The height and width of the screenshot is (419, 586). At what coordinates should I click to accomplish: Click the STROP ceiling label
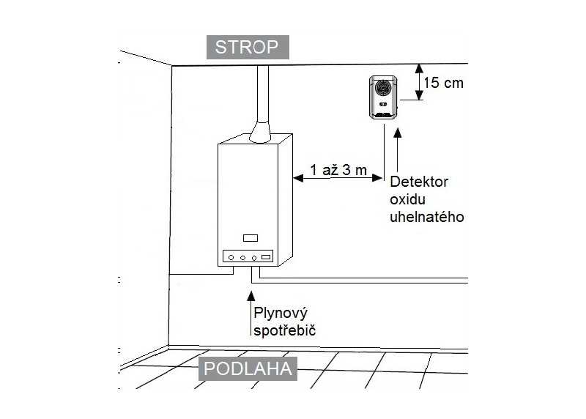248,47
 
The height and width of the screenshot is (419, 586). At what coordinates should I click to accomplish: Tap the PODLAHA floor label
248,369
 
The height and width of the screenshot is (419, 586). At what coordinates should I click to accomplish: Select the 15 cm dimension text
444,83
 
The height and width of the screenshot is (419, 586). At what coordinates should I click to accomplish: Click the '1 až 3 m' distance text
338,170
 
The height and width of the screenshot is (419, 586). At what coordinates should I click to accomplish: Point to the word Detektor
419,182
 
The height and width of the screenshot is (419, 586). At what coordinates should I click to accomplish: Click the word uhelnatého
427,217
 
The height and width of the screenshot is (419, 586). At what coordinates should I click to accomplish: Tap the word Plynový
281,314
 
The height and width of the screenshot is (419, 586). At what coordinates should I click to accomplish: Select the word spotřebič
284,330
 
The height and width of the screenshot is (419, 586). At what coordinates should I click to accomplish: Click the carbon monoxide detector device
383,97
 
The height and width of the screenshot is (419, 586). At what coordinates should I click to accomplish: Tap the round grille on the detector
383,88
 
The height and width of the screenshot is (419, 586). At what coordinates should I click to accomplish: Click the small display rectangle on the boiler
251,238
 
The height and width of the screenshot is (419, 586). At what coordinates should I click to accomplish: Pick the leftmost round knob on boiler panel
231,258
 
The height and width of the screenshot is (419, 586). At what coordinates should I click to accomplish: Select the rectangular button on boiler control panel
266,257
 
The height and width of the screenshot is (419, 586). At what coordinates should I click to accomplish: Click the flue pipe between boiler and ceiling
263,94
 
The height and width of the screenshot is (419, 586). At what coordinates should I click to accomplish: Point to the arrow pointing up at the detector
398,150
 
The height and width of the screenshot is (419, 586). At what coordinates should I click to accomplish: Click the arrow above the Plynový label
251,314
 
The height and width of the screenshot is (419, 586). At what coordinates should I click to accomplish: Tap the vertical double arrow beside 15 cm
419,82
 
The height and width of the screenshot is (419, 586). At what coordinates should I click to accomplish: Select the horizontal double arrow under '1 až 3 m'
338,178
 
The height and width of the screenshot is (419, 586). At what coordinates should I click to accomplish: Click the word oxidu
407,199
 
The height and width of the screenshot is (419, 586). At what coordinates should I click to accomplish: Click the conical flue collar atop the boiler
260,132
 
